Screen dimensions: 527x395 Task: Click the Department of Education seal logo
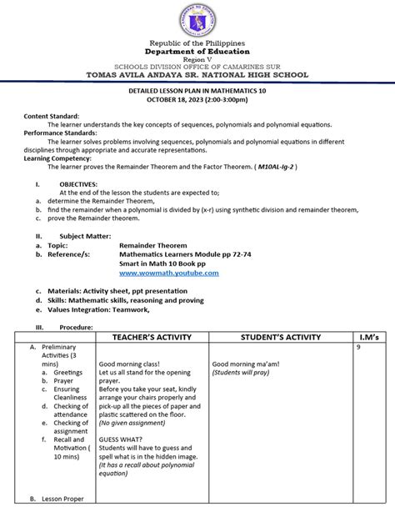197,19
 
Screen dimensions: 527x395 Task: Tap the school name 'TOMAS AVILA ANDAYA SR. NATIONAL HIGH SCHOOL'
197,75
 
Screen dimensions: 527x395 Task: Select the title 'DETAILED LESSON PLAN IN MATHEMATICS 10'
197,90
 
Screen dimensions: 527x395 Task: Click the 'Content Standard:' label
52,116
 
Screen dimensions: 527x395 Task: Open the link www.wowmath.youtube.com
169,273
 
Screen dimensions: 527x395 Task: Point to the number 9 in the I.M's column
359,347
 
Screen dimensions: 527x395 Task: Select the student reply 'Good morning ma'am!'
245,364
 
